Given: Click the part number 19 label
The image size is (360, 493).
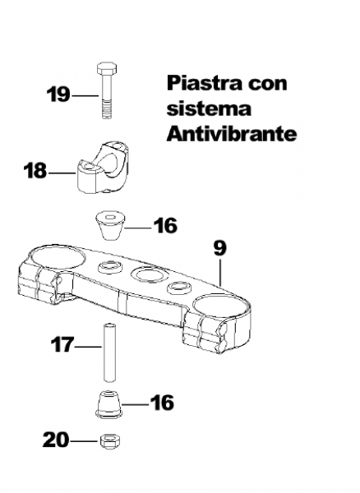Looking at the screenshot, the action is click(58, 94).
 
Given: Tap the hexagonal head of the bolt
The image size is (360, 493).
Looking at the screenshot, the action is click(107, 68).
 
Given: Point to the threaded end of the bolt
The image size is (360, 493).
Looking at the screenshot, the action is click(107, 108).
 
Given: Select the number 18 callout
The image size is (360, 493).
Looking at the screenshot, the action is click(35, 171).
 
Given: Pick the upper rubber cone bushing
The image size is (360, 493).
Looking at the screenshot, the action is click(110, 225).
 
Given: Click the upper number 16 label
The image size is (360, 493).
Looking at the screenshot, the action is click(165, 225).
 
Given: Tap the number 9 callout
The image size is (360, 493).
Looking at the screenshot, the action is click(219, 248).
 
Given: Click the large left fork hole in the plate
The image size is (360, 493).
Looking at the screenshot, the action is click(58, 259).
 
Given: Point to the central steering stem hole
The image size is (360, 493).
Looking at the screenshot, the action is click(147, 274).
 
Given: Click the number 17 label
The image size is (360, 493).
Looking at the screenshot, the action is click(62, 344).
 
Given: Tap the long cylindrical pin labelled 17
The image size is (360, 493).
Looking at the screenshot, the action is click(108, 352).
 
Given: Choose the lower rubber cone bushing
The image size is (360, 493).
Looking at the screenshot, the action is click(108, 404).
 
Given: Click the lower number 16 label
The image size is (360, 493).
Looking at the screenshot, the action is click(162, 403).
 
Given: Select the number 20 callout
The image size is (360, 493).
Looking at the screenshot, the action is click(56, 440).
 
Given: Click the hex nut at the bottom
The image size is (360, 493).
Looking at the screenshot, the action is click(110, 441).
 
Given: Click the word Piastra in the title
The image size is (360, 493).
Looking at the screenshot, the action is click(204, 83).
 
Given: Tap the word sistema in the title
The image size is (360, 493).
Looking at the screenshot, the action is click(209, 109).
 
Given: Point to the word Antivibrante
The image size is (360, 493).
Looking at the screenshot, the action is click(232, 134).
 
